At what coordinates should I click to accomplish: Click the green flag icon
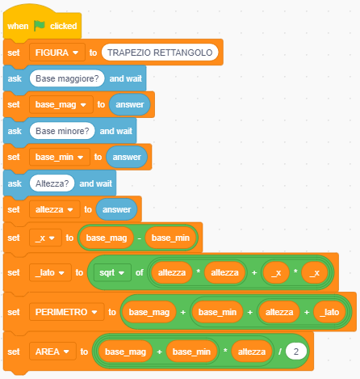click(x=40, y=26)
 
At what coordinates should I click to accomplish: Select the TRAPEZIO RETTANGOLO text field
click(x=160, y=53)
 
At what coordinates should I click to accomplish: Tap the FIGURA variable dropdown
click(x=57, y=53)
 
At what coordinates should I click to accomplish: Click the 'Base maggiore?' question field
click(x=67, y=78)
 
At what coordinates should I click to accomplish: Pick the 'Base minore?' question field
click(x=62, y=131)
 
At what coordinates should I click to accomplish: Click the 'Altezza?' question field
click(x=52, y=183)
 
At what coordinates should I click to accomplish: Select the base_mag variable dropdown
click(x=61, y=104)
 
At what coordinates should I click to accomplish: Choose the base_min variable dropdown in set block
click(x=60, y=157)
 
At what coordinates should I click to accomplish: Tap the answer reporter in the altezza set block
click(x=116, y=209)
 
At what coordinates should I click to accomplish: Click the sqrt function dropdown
click(x=112, y=272)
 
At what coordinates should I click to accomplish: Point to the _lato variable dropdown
click(x=50, y=272)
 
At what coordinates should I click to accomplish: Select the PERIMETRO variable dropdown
click(x=66, y=312)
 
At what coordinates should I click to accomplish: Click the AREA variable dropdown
click(x=52, y=352)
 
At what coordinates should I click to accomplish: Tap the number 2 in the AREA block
click(x=296, y=352)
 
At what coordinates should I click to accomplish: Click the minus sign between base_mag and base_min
click(x=139, y=238)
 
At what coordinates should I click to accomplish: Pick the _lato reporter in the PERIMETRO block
click(x=329, y=312)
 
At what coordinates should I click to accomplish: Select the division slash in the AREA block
click(x=280, y=352)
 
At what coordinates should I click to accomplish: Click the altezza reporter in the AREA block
click(x=252, y=352)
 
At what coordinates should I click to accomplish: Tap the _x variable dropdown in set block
click(x=45, y=238)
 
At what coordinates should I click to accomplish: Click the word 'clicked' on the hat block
click(x=64, y=26)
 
